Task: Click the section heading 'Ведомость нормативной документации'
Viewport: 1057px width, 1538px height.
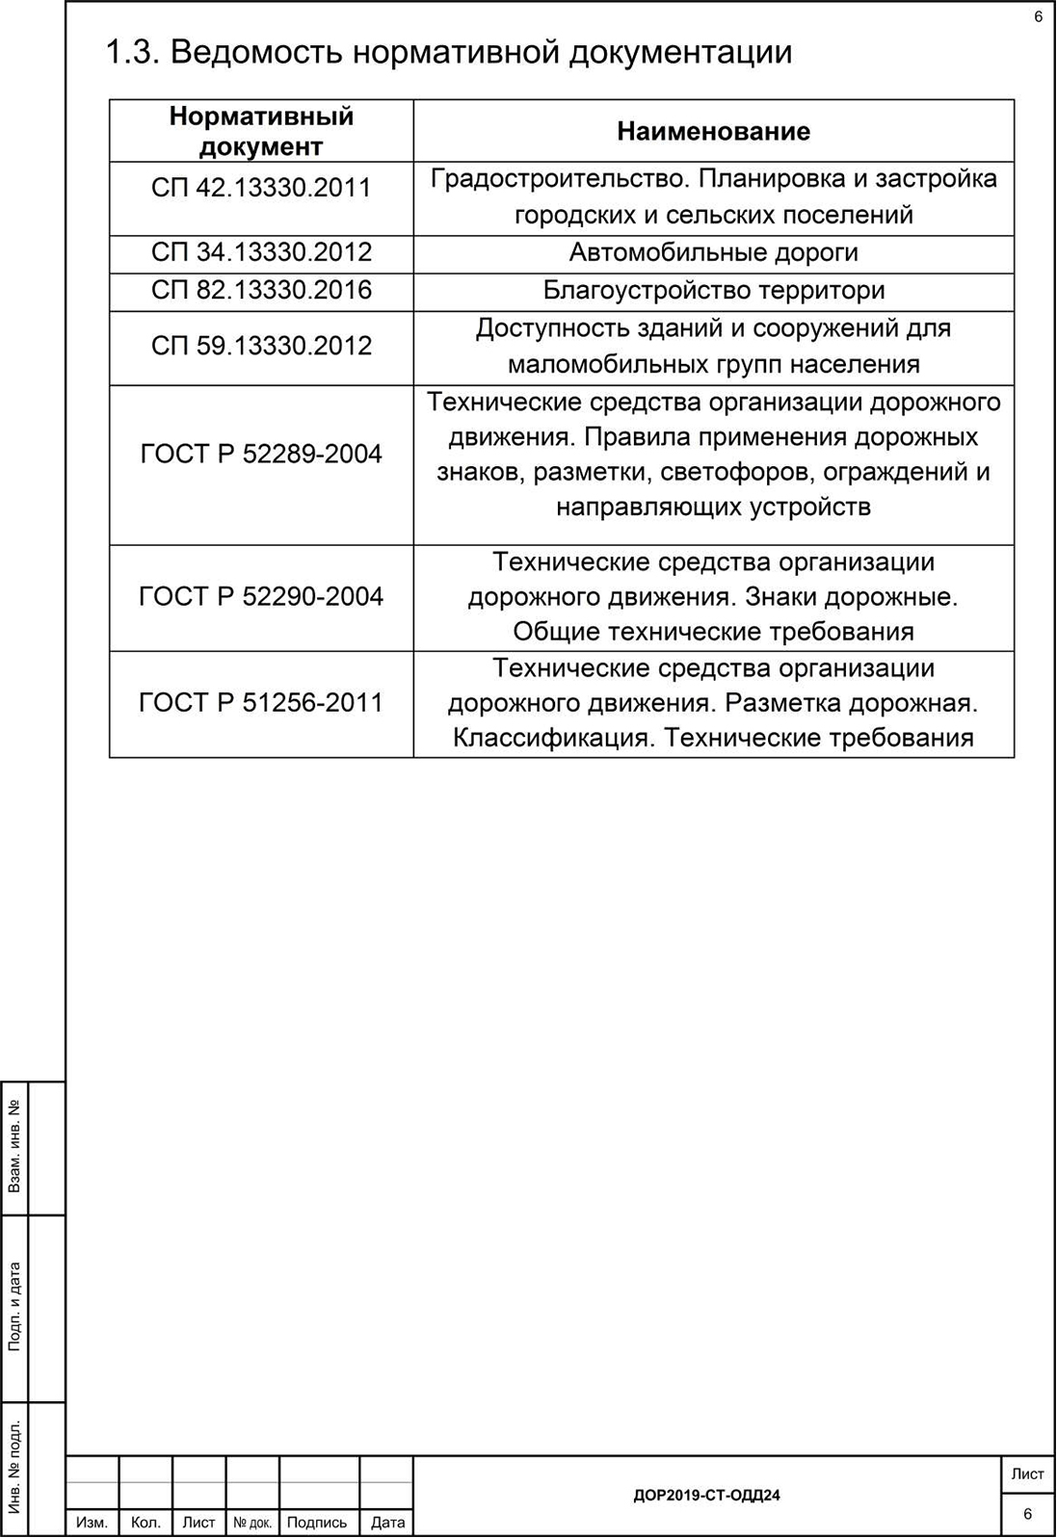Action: [448, 52]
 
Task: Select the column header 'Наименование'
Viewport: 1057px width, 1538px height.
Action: [713, 131]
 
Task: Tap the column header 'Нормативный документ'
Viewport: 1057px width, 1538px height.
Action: [261, 131]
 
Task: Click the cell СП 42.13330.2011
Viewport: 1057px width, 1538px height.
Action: [261, 187]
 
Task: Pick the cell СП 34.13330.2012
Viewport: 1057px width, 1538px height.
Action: [261, 252]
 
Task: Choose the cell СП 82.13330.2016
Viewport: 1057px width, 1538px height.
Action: [261, 290]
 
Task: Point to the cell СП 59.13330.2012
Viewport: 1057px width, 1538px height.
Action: [261, 346]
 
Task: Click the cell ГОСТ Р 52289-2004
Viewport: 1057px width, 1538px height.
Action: [261, 454]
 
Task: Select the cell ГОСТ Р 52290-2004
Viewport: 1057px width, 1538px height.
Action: [261, 597]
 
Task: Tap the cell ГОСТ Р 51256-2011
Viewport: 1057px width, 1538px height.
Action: [261, 703]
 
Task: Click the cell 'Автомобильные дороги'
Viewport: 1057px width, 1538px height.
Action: [713, 252]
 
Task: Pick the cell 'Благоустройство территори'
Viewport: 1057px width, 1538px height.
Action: [713, 290]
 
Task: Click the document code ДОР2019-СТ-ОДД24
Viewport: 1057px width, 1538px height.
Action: [706, 1496]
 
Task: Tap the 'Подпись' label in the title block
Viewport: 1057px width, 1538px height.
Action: [317, 1523]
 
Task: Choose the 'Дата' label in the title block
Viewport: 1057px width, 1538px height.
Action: [387, 1523]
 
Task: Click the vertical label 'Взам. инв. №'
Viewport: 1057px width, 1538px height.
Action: [14, 1147]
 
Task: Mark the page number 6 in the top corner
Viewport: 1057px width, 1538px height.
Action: [1038, 16]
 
